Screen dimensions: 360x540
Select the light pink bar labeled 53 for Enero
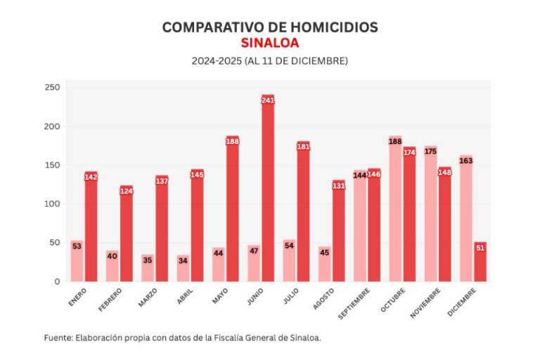pos(77,262)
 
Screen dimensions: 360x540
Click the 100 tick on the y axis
pos(53,205)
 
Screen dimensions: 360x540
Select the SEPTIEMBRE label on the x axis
pos(355,303)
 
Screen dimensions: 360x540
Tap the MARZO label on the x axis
pos(148,297)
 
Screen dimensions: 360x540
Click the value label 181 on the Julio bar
pos(304,147)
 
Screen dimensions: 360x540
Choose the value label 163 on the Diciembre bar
pos(465,161)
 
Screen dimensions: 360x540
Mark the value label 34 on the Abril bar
pos(183,260)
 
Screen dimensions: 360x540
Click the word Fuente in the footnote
pos(58,338)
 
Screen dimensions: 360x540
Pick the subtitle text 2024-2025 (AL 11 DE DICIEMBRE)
pos(270,61)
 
